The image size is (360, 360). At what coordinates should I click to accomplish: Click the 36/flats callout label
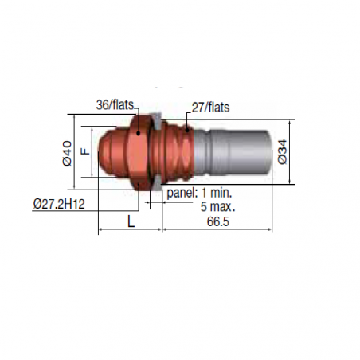click(115, 105)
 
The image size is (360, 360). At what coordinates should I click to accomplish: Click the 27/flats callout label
click(210, 108)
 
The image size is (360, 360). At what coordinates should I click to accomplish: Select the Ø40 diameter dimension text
click(67, 154)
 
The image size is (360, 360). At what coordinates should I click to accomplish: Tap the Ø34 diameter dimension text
click(282, 152)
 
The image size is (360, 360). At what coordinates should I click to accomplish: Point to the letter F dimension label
click(85, 151)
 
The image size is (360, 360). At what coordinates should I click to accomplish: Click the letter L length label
click(131, 221)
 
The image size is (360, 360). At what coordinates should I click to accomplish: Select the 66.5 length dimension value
click(218, 221)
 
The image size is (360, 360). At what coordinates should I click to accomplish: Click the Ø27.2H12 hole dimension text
click(59, 204)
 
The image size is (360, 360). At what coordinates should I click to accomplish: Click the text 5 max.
click(217, 206)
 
